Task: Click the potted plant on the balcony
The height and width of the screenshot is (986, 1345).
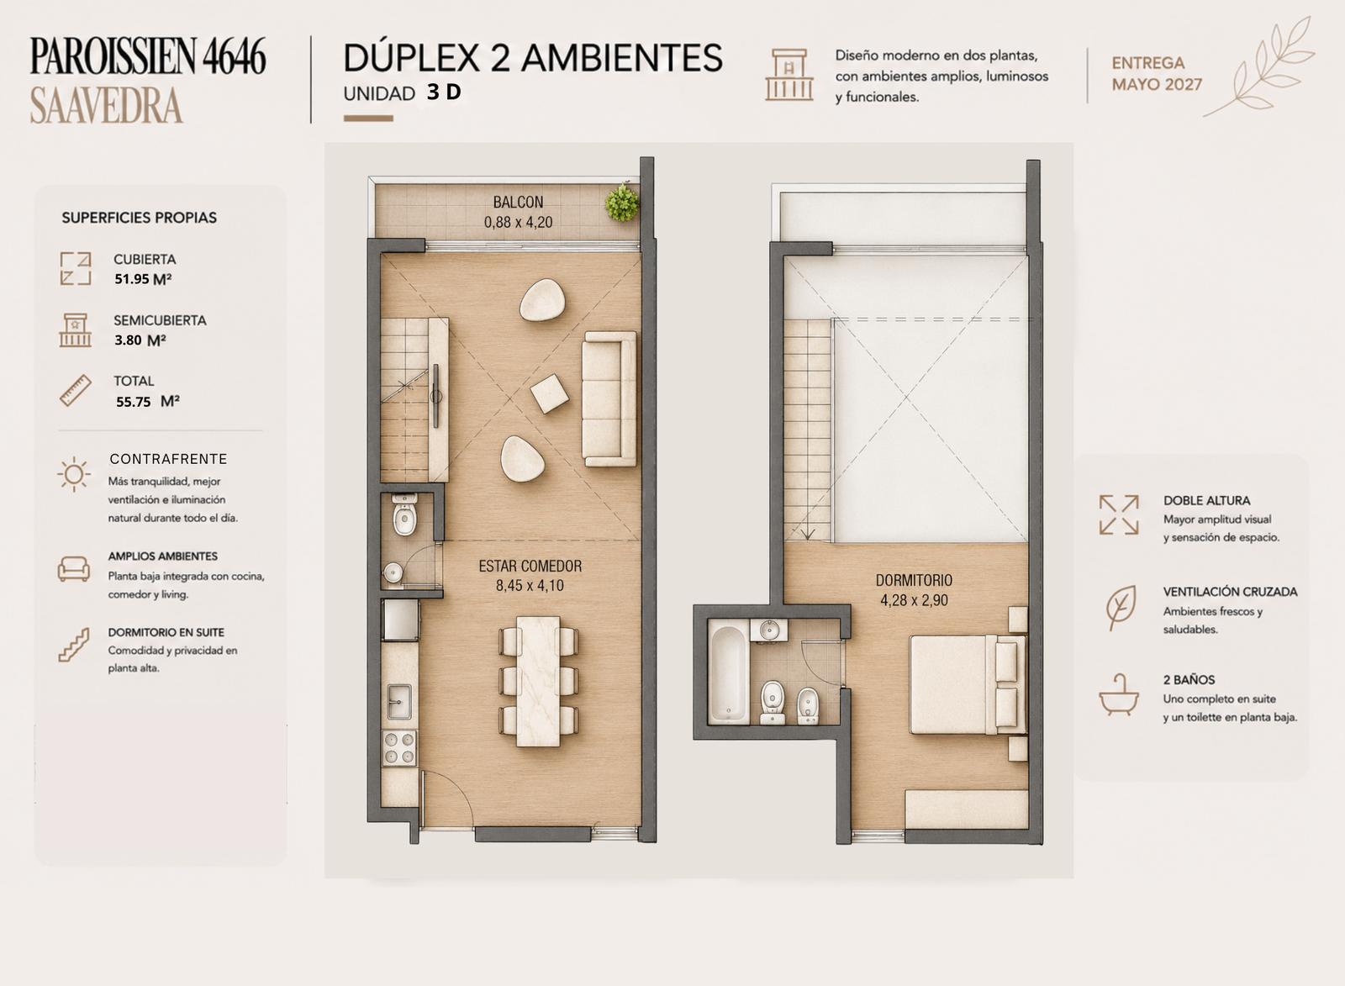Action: click(x=622, y=203)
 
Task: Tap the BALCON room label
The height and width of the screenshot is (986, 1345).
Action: click(x=518, y=202)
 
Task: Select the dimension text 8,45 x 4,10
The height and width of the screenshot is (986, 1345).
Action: click(x=530, y=586)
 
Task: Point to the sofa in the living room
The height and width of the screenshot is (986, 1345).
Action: click(x=609, y=398)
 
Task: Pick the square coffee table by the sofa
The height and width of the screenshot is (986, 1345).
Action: click(x=550, y=394)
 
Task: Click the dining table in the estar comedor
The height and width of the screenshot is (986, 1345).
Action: click(x=539, y=681)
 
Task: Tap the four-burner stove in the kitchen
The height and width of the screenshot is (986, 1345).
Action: click(x=400, y=747)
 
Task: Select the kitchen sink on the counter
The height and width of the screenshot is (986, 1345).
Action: click(x=398, y=701)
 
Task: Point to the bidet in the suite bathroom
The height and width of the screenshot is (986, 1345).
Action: click(x=808, y=705)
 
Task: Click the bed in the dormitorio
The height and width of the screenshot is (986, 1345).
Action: click(x=968, y=684)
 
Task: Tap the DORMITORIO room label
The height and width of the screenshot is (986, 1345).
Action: click(x=913, y=580)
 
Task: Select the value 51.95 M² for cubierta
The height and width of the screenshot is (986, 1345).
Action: click(x=144, y=278)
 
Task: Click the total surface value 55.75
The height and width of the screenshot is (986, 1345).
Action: click(x=134, y=402)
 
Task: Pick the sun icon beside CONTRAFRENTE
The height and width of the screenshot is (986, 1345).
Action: click(x=74, y=474)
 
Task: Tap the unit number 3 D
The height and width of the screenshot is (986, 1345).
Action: click(x=445, y=92)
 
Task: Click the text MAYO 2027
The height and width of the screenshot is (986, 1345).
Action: click(x=1157, y=85)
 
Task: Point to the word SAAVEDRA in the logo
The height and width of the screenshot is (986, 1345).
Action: click(x=106, y=106)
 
